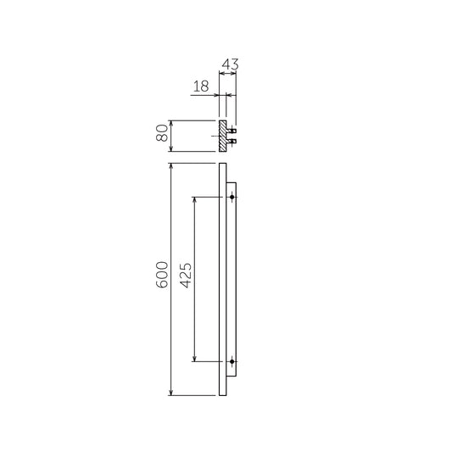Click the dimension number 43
pyautogui.click(x=228, y=64)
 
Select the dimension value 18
pyautogui.click(x=200, y=86)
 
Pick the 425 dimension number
pyautogui.click(x=187, y=278)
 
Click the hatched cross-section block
pyautogui.click(x=223, y=136)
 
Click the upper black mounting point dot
pyautogui.click(x=232, y=198)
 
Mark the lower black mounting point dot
pyautogui.click(x=232, y=361)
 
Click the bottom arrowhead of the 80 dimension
pyautogui.click(x=172, y=148)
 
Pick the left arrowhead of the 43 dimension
pyautogui.click(x=222, y=73)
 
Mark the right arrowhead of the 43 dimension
pyautogui.click(x=234, y=73)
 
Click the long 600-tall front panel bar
pyautogui.click(x=222, y=280)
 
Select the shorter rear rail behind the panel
pyautogui.click(x=232, y=280)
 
